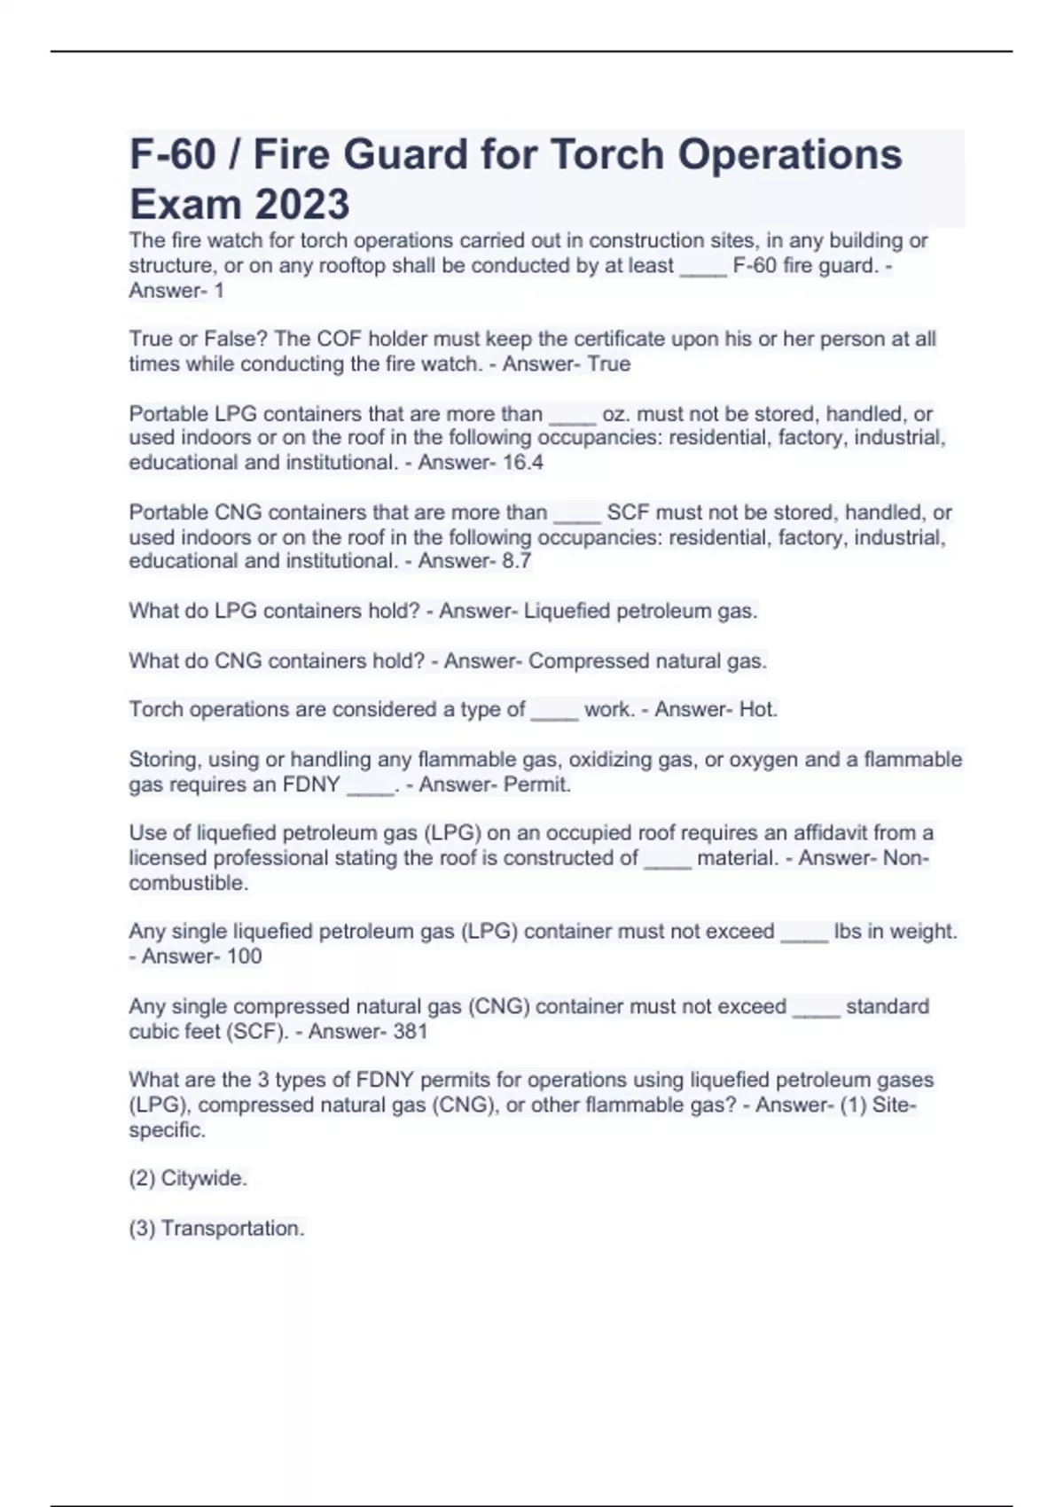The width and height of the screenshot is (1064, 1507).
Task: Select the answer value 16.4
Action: (523, 463)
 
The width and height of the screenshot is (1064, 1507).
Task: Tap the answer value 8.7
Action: (517, 561)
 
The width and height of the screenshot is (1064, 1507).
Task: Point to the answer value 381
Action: (410, 1031)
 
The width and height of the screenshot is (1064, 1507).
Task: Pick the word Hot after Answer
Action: (757, 710)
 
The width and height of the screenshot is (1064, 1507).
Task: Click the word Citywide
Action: (204, 1179)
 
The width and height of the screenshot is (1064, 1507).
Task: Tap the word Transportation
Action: (232, 1229)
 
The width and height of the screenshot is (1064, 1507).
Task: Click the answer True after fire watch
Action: (609, 364)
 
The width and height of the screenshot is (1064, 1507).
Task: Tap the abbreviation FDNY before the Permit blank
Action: (310, 785)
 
